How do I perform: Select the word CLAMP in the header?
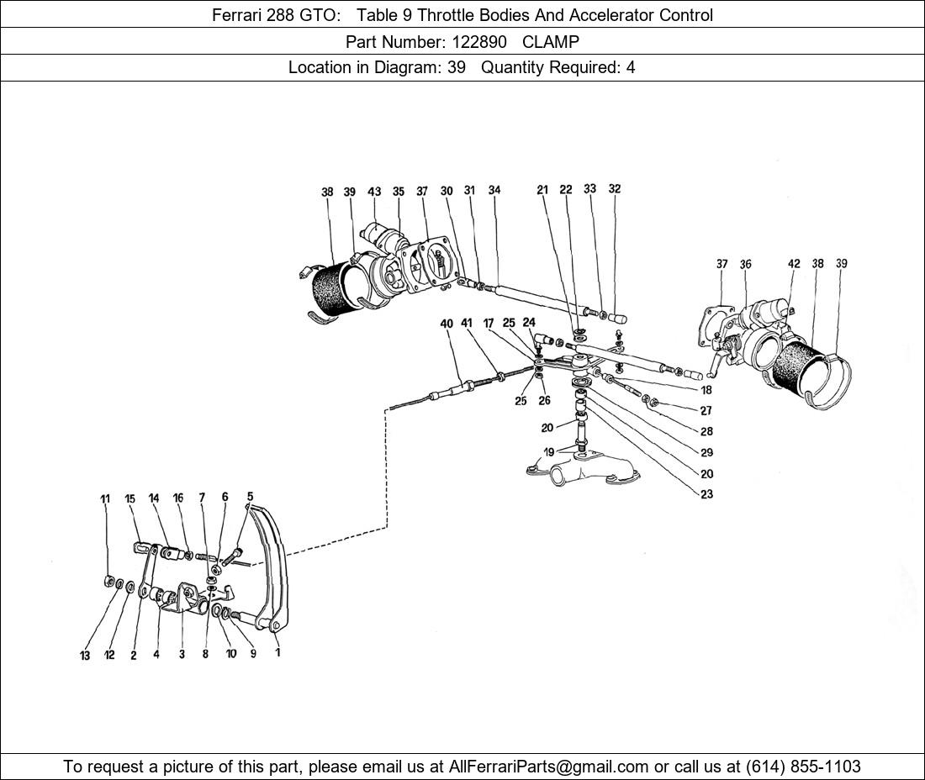551,41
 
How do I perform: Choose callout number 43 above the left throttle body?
375,192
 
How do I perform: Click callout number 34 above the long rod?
494,191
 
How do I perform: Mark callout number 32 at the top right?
615,189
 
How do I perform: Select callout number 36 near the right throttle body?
745,264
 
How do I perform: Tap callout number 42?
794,264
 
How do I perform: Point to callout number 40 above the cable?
447,324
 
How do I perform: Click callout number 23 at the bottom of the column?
706,494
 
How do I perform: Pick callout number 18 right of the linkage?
706,390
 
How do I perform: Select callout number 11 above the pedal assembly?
105,499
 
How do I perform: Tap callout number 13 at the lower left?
85,656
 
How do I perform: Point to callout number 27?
706,411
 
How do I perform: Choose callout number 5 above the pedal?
250,497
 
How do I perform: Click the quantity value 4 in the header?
630,68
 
